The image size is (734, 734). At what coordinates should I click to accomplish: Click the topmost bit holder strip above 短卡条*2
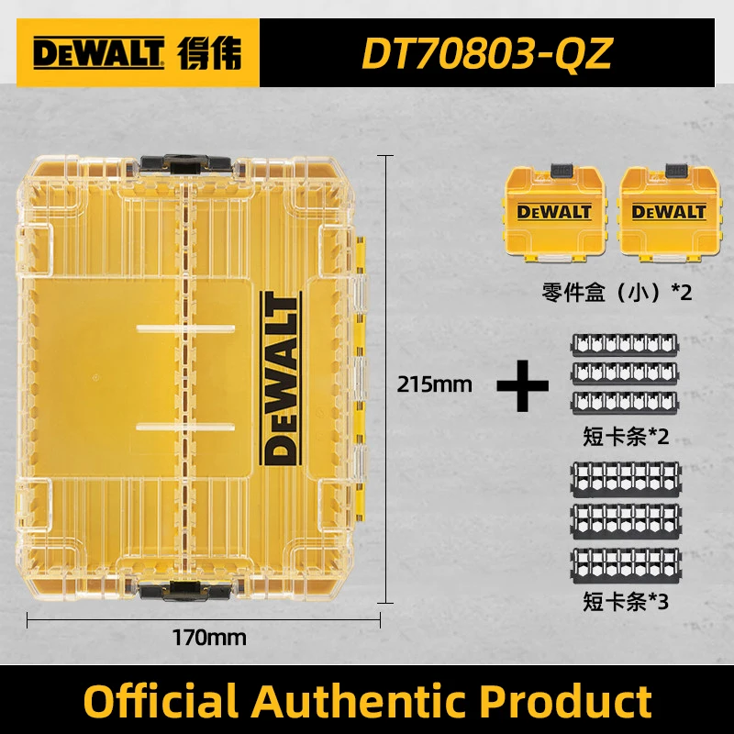click(628, 344)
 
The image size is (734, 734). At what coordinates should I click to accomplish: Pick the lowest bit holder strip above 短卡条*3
click(628, 563)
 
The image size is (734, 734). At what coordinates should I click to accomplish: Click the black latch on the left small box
click(562, 171)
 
